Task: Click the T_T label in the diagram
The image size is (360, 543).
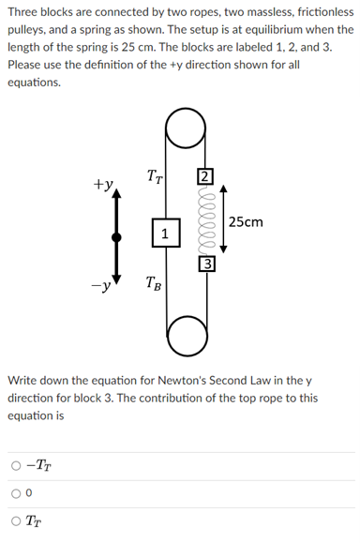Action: coord(155,174)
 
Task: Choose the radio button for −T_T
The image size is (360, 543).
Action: coord(17,465)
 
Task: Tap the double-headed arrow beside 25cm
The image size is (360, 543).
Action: coord(223,221)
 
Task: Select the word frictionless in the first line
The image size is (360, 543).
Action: coord(316,11)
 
